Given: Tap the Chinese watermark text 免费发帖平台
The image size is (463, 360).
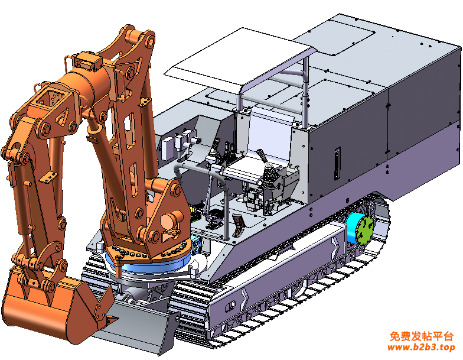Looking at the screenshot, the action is click(x=422, y=336).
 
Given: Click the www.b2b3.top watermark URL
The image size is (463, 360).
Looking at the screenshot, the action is click(x=422, y=347).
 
